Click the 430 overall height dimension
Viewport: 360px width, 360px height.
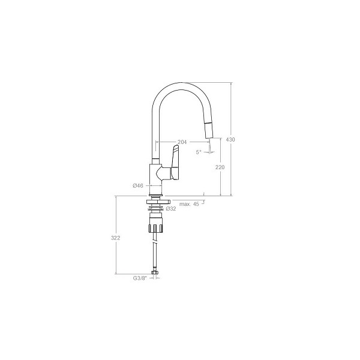point(230,139)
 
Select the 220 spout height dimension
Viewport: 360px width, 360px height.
point(220,167)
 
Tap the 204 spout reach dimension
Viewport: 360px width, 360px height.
point(182,142)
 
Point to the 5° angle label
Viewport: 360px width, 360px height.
point(199,152)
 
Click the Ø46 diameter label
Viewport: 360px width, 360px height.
point(138,185)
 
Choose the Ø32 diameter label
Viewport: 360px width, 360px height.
point(171,208)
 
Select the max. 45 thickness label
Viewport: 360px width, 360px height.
point(189,204)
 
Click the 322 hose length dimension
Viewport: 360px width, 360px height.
point(115,238)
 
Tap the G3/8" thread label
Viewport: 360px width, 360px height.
point(140,278)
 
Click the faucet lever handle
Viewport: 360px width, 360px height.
point(175,162)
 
